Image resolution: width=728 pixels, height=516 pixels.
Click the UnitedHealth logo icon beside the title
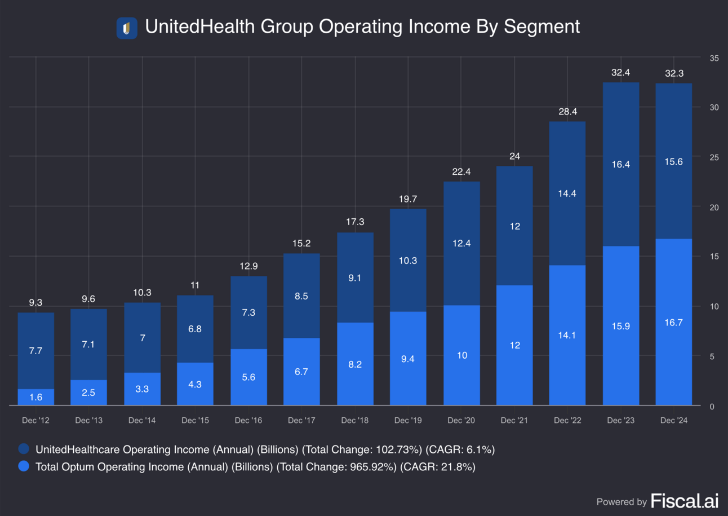click(127, 28)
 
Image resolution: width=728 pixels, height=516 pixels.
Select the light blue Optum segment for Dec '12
click(36, 397)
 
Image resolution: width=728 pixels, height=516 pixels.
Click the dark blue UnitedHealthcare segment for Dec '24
click(673, 161)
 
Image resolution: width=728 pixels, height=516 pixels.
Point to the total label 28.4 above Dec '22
click(567, 112)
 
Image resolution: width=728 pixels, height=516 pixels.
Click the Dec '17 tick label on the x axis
click(301, 421)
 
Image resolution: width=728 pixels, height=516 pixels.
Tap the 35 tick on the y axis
click(713, 58)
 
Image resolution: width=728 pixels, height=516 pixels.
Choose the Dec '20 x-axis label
click(461, 421)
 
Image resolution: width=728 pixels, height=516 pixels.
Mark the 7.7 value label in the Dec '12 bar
click(36, 351)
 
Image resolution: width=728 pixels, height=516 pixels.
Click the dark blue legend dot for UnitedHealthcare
click(24, 449)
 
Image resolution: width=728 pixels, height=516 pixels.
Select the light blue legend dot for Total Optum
click(24, 466)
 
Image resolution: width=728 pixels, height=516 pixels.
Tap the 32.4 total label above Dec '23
click(620, 73)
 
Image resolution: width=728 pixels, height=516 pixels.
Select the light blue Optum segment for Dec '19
click(408, 358)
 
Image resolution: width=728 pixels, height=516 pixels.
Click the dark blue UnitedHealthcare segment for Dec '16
click(248, 312)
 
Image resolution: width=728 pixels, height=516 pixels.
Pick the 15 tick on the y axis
click(713, 257)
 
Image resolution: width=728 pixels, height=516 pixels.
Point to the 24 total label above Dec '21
click(514, 156)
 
